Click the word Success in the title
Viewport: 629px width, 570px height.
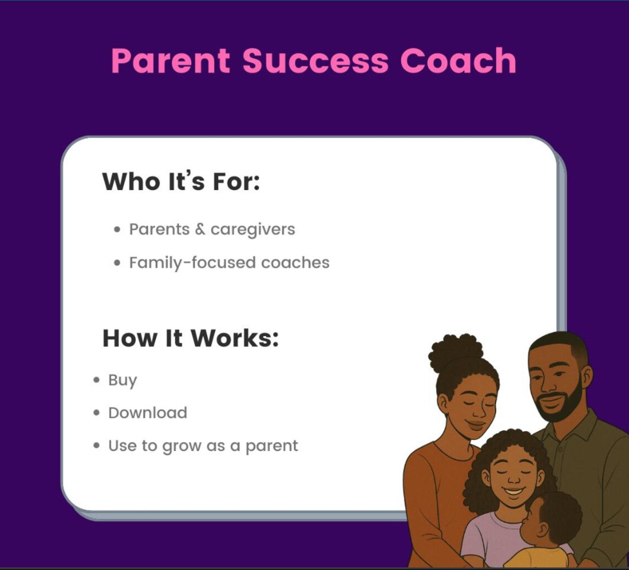(x=315, y=61)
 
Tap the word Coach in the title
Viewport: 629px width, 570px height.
(x=458, y=61)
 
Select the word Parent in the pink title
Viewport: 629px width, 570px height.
(x=170, y=61)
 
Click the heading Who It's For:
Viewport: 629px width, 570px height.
(x=181, y=181)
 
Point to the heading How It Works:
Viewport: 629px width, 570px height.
(x=191, y=338)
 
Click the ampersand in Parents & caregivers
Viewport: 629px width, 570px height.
(x=200, y=229)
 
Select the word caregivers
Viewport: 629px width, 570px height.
(x=253, y=230)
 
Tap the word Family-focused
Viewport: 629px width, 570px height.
(x=192, y=263)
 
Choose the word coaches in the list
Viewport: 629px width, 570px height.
(x=295, y=263)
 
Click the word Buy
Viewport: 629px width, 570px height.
(x=122, y=381)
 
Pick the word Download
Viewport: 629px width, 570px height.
(x=148, y=413)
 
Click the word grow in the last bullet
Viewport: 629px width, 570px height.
(x=181, y=447)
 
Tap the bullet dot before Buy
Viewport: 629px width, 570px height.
(x=96, y=380)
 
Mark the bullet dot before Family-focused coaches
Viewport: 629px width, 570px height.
(x=117, y=263)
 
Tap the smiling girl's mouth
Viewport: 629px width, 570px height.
(x=514, y=491)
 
